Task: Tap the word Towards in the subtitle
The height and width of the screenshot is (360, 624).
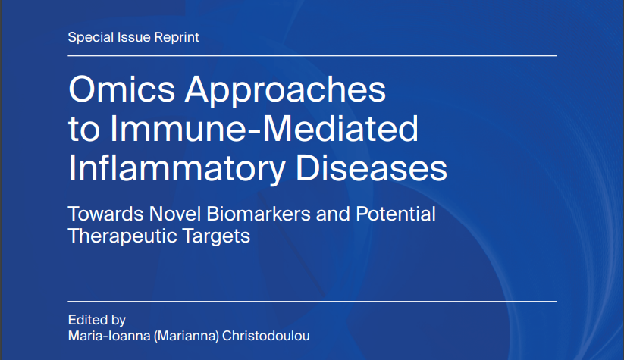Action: click(x=101, y=214)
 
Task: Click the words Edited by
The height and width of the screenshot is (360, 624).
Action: click(x=96, y=319)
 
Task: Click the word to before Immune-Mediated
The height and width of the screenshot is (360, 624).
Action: click(x=82, y=130)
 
